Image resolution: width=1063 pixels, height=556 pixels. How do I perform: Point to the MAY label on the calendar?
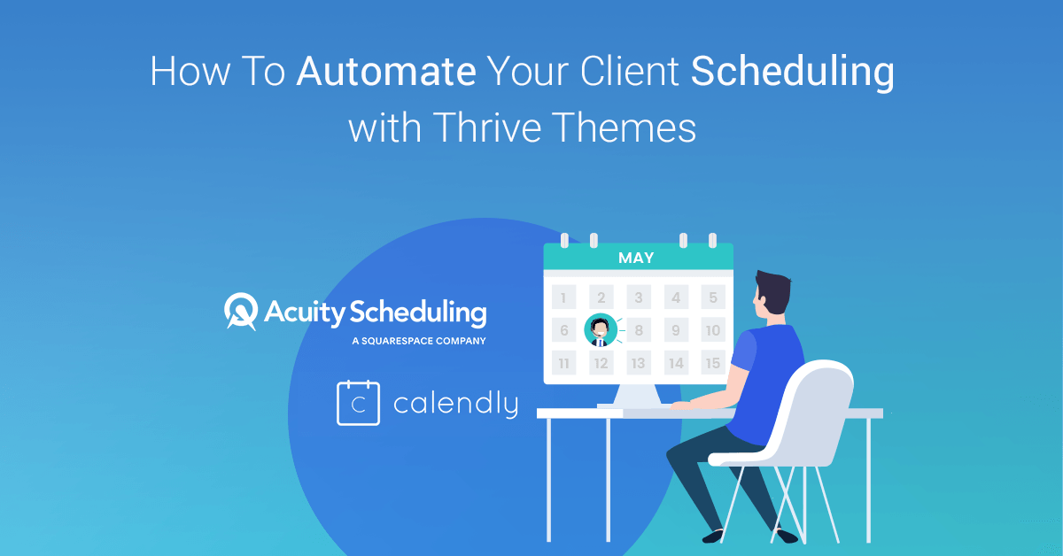[x=636, y=258]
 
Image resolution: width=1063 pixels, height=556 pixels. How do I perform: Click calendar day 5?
[x=712, y=297]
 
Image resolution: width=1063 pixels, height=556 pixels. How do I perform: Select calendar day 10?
[x=712, y=331]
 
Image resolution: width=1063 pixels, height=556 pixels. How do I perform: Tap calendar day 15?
[x=712, y=363]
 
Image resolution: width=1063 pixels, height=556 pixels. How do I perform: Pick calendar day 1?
[x=563, y=297]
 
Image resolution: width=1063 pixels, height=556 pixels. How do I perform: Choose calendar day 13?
[x=638, y=363]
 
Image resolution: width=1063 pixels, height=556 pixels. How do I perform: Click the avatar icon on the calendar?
[x=600, y=331]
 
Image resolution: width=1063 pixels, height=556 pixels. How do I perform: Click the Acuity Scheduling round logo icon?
[x=241, y=311]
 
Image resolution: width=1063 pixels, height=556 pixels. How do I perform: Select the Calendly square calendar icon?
[x=358, y=403]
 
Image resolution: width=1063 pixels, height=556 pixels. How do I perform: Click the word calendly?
[x=455, y=405]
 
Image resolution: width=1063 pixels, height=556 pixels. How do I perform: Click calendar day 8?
[x=638, y=331]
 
